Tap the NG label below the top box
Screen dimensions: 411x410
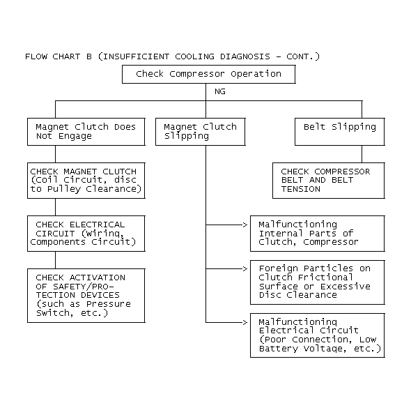(220, 91)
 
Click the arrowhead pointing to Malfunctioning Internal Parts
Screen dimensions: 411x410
(245, 225)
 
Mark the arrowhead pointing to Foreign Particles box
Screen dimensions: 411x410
(245, 269)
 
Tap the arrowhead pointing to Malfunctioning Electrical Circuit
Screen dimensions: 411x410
(245, 322)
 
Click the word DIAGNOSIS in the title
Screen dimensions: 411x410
(245, 56)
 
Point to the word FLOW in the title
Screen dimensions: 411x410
(36, 56)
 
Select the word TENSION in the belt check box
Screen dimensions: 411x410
(301, 189)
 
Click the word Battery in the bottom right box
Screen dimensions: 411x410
(279, 349)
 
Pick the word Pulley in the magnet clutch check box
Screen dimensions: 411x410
(64, 189)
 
